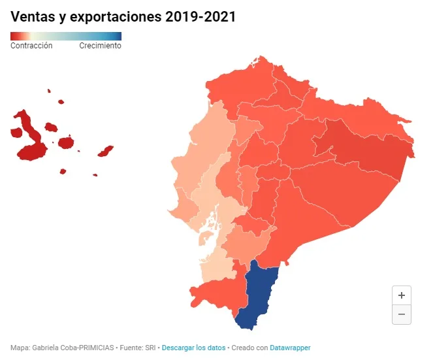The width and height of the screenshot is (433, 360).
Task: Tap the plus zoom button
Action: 402,295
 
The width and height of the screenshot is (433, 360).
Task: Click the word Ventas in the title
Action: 33,16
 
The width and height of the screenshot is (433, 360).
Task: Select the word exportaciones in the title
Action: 116,17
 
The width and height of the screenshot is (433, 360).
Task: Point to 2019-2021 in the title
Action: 200,16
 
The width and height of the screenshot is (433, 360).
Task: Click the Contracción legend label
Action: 31,46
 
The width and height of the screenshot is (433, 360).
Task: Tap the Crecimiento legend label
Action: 100,46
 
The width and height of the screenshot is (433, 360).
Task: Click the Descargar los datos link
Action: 193,348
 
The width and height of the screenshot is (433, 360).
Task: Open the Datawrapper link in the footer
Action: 290,348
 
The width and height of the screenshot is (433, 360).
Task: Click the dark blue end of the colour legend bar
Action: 118,36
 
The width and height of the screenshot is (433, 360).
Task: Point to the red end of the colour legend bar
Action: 13,36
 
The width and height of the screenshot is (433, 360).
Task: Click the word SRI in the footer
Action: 150,348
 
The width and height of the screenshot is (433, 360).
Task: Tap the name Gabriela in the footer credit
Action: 44,348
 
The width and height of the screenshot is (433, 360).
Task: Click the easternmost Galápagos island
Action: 106,151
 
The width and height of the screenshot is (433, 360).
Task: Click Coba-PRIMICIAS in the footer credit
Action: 86,348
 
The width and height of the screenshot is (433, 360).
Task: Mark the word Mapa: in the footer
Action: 20,348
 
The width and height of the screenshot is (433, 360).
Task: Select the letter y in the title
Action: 63,18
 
